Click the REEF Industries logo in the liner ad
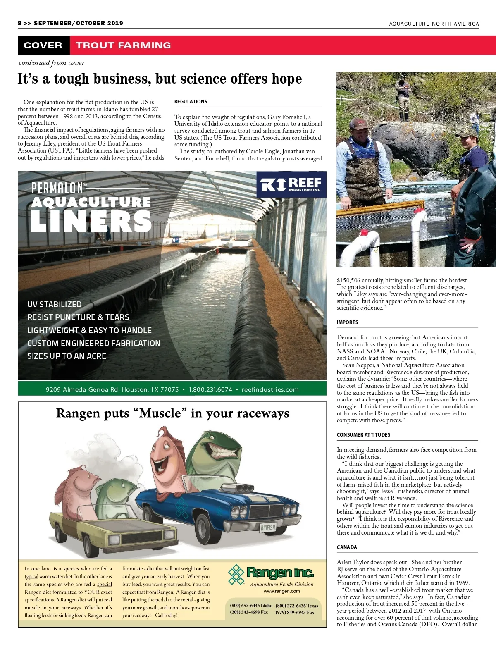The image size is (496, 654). pos(290,185)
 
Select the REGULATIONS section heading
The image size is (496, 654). pos(191,102)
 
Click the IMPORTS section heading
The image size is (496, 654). pos(348,322)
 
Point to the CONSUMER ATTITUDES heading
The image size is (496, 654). pos(363,435)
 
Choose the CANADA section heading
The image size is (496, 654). pos(347,547)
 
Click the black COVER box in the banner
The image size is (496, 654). pos(43,45)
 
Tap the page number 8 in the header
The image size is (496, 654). pos(19,23)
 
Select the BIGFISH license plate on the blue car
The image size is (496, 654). pos(268,527)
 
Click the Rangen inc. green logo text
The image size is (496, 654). pos(280,573)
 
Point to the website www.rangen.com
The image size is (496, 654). pos(281,591)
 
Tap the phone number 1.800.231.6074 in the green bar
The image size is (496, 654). pos(210,389)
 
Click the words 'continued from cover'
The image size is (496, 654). pos(52,63)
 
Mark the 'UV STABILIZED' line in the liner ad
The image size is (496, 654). pos(55,304)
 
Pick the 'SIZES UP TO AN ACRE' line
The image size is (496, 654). pos(67,356)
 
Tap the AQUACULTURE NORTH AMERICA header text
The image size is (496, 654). pos(434,24)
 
